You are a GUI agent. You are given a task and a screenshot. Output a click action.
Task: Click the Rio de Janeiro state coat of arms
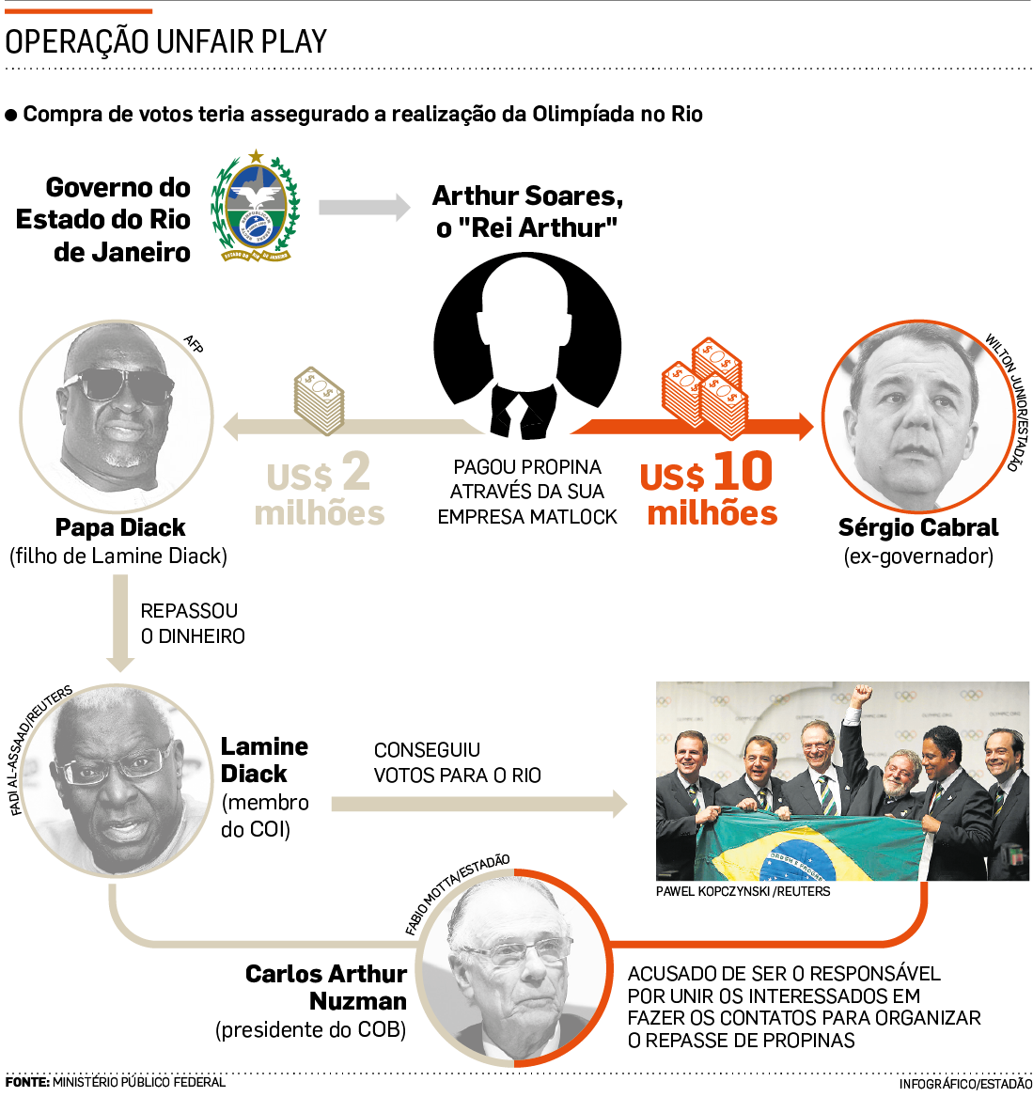[255, 207]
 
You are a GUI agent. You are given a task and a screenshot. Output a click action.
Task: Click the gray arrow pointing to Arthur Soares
[364, 207]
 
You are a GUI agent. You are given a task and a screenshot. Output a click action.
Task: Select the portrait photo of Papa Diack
[117, 415]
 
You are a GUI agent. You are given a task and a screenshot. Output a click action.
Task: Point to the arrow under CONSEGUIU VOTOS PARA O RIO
[478, 804]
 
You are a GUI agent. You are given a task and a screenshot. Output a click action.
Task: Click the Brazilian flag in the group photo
[799, 851]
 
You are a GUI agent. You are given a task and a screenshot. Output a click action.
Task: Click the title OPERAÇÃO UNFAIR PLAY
[166, 41]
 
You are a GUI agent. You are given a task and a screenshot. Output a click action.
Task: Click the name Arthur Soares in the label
[527, 196]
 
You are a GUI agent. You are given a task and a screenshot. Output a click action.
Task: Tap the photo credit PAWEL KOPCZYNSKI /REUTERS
[743, 891]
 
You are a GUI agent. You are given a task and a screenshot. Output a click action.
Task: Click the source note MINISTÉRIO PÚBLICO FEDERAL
[139, 1083]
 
